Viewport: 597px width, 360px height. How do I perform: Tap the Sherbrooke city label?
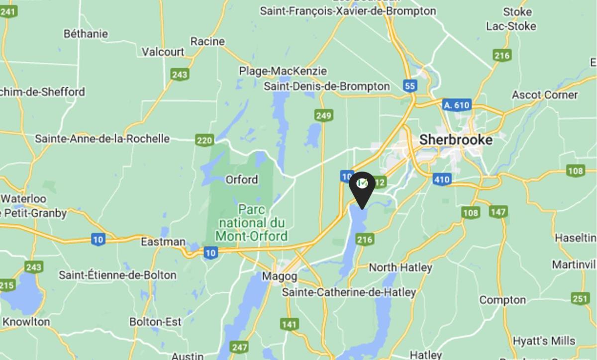456,140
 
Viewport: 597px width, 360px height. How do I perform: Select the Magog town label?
280,276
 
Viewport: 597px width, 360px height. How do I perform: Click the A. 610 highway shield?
456,105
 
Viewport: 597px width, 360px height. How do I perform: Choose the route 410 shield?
441,180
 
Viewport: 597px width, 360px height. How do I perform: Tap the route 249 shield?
323,116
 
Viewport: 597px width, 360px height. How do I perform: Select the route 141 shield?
290,325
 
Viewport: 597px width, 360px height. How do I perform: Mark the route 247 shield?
239,347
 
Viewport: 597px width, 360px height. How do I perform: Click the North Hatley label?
400,268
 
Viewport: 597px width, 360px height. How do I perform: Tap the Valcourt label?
163,52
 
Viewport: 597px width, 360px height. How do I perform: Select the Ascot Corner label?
545,95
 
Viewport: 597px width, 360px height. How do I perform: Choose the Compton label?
502,300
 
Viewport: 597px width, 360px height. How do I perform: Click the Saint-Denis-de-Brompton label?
326,87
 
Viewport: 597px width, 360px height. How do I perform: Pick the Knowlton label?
25,322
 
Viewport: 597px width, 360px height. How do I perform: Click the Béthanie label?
86,34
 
